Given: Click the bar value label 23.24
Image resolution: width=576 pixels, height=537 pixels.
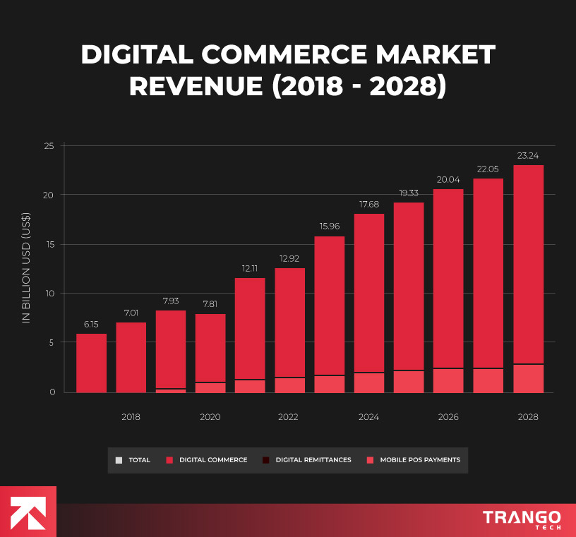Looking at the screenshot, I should click(x=528, y=155).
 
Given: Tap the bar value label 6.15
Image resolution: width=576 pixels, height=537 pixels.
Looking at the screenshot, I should click(x=91, y=324).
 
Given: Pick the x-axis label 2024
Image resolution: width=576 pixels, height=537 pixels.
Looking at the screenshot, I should click(x=368, y=417).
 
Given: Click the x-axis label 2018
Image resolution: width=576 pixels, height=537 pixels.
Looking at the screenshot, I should click(x=131, y=417).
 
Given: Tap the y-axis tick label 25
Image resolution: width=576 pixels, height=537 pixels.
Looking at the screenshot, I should click(x=49, y=146).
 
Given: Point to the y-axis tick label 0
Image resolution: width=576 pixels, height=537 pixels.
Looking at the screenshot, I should click(x=52, y=392).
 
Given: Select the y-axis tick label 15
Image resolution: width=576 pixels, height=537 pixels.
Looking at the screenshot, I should click(x=49, y=244).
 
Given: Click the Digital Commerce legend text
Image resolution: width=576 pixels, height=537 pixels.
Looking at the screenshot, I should click(x=213, y=460).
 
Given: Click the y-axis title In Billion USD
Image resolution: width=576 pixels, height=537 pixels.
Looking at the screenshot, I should click(x=26, y=268).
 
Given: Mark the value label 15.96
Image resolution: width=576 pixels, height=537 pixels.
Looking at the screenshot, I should click(x=329, y=227).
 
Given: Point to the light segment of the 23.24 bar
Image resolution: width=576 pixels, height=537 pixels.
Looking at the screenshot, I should click(x=528, y=378).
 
